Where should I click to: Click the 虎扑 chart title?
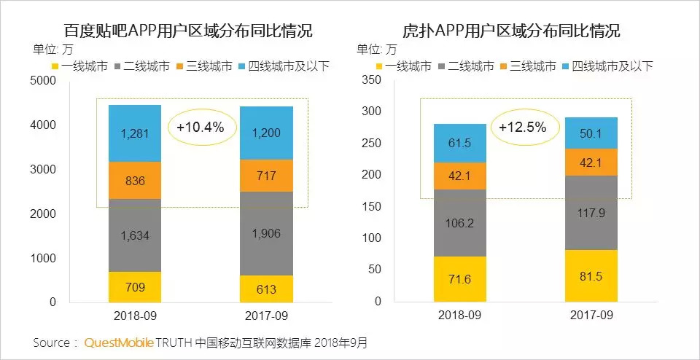pyautogui.click(x=511, y=31)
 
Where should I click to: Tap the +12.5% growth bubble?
pyautogui.click(x=522, y=127)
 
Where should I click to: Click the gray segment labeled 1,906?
pyautogui.click(x=266, y=233)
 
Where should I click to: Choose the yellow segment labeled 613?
pyautogui.click(x=266, y=289)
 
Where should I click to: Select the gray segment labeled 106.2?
pyautogui.click(x=460, y=223)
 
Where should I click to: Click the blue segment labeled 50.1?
pyautogui.click(x=591, y=133)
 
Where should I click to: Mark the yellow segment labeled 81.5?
pyautogui.click(x=591, y=275)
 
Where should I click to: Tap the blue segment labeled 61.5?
pyautogui.click(x=460, y=143)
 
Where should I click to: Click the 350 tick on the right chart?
pyautogui.click(x=372, y=80)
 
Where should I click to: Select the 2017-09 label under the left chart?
pyautogui.click(x=266, y=316)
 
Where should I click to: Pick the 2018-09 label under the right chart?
pyautogui.click(x=460, y=316)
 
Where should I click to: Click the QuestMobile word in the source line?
pyautogui.click(x=120, y=343)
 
